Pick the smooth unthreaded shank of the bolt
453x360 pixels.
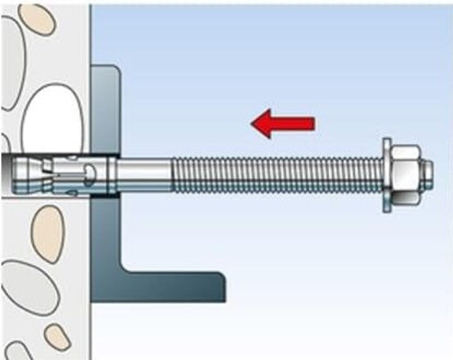(144, 175)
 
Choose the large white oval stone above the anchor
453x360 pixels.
(52, 119)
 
